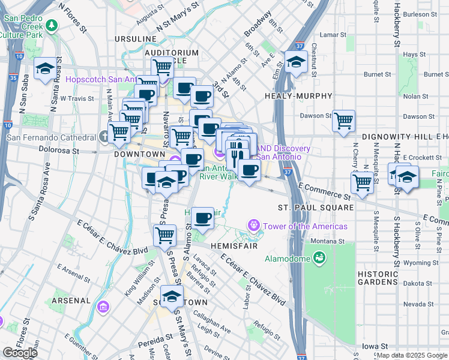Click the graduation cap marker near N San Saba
pos(45,69)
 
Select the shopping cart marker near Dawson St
pos(343,121)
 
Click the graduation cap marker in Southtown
pos(172,297)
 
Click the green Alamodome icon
pos(318,259)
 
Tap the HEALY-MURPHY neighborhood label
pos(298,96)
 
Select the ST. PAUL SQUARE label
pos(316,208)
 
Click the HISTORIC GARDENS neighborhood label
pos(378,277)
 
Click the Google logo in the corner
pos(20,353)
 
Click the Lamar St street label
pos(330,35)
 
